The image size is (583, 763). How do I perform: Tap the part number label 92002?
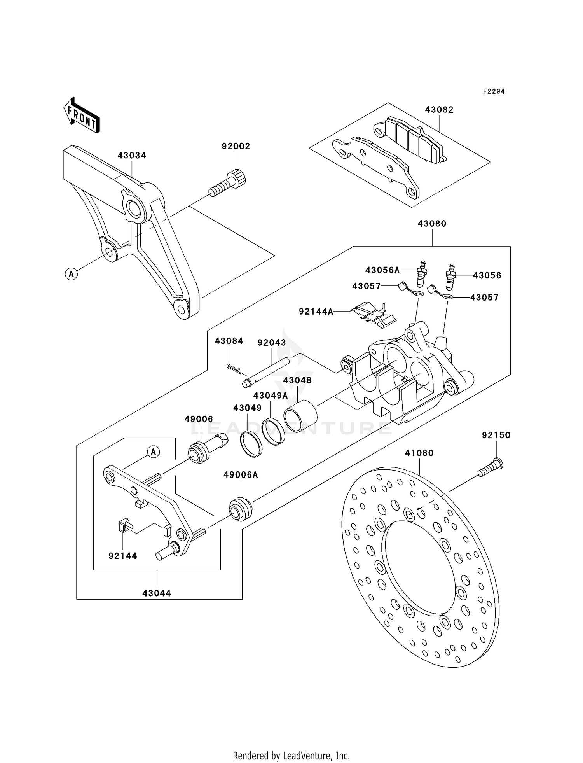[236, 146]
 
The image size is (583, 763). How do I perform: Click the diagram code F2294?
[494, 91]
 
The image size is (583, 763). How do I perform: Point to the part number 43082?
[439, 110]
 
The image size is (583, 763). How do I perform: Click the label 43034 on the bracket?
[132, 156]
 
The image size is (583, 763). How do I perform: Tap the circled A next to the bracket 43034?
[71, 274]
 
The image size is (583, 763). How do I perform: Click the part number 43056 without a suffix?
[487, 275]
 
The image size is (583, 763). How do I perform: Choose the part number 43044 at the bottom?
[157, 593]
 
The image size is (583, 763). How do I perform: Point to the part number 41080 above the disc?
[419, 453]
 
